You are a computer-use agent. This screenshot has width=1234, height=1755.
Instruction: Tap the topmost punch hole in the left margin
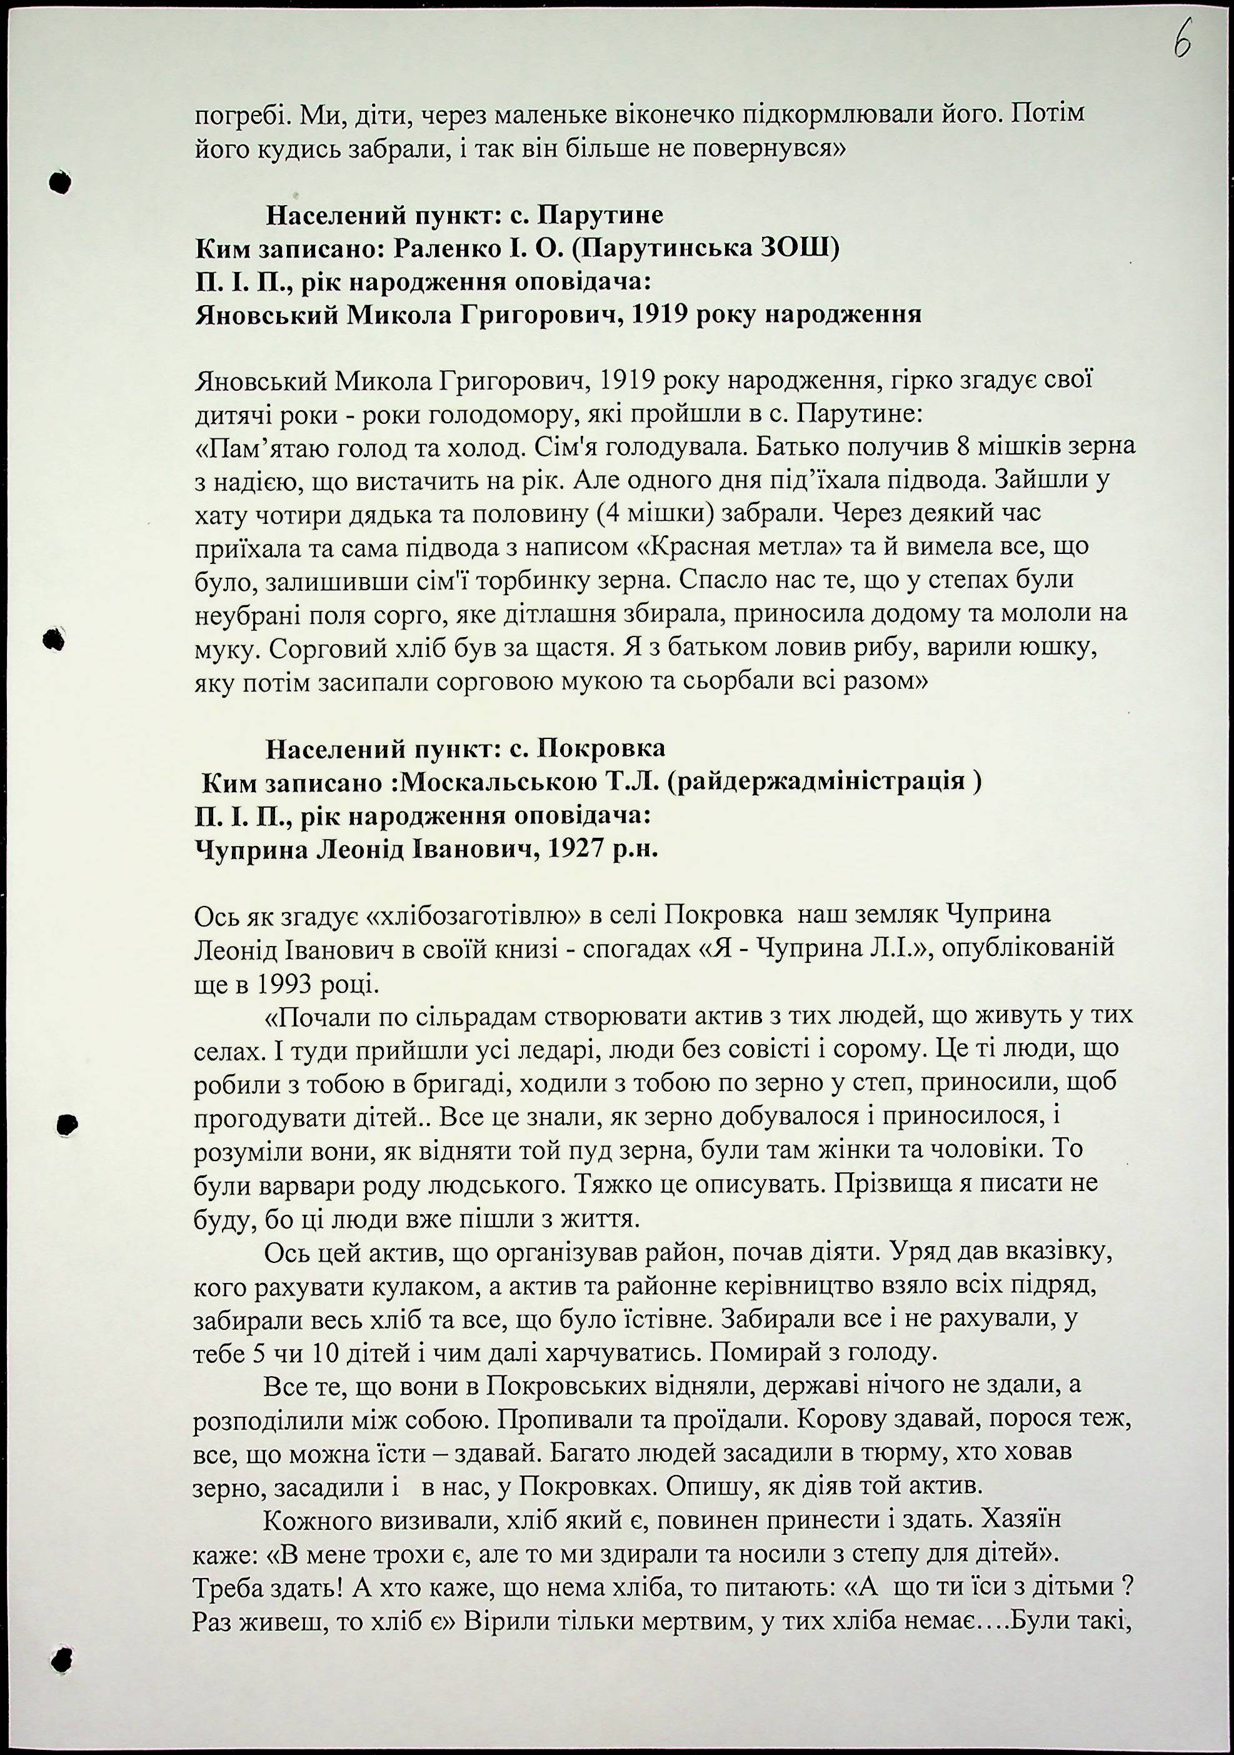59,182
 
